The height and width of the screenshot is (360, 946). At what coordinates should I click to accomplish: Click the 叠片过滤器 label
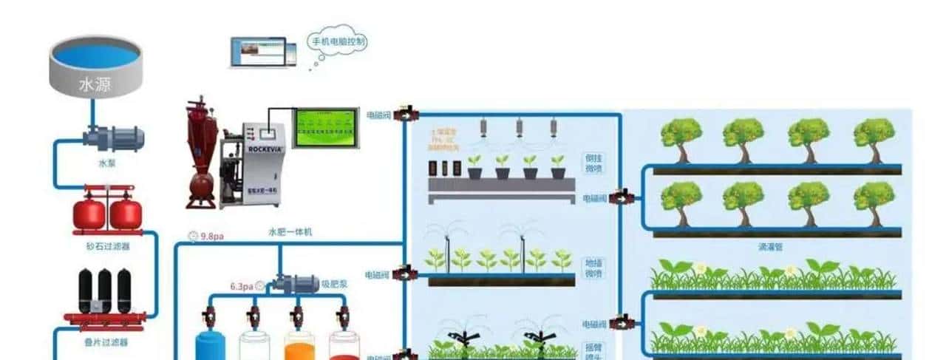[107, 342]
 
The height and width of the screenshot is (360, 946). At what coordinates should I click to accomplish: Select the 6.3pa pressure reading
[242, 285]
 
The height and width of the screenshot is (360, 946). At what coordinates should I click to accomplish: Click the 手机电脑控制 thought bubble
[337, 41]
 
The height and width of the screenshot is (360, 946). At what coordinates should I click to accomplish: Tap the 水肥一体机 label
[290, 232]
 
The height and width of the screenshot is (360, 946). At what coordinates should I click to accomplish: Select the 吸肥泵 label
[335, 283]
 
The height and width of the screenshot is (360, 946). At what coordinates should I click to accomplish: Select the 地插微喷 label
[593, 268]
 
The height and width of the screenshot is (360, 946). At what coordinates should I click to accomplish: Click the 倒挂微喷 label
[593, 165]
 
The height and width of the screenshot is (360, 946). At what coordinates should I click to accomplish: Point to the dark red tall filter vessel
[201, 152]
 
